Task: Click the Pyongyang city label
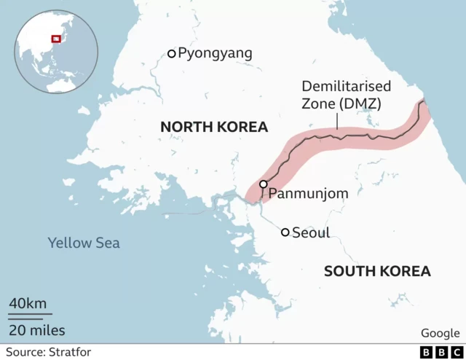(x=215, y=53)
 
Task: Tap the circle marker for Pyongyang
(x=172, y=53)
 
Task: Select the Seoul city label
(x=311, y=233)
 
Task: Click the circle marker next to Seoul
(x=285, y=232)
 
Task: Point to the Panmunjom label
(x=308, y=194)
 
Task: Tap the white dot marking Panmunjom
(x=263, y=184)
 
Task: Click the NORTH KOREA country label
(x=214, y=128)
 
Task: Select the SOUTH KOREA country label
(x=377, y=272)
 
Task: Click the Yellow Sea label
(x=84, y=243)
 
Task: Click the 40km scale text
(x=28, y=303)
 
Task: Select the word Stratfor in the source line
(x=70, y=353)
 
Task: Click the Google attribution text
(x=440, y=333)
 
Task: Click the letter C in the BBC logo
(x=455, y=353)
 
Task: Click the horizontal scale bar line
(x=30, y=316)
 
